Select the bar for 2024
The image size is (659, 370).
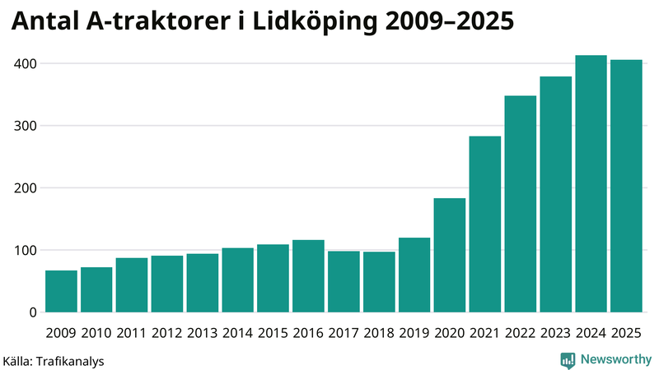pos(591,184)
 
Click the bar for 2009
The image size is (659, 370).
pos(61,292)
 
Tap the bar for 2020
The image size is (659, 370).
pos(450,256)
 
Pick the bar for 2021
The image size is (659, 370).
pos(485,224)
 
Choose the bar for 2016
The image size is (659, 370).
pos(308,276)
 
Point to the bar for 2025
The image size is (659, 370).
pos(626,187)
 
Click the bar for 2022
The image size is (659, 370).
pos(521,205)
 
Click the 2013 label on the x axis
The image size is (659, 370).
pos(202,332)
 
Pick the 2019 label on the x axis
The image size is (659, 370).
pos(414,332)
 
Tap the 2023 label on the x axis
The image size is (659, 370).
pos(556,332)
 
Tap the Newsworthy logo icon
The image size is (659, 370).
pos(568,359)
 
